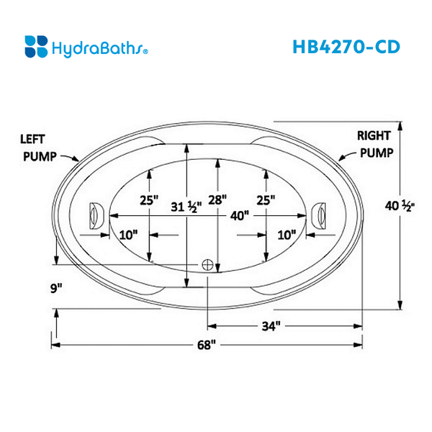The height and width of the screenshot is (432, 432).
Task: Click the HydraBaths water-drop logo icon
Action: [37, 46]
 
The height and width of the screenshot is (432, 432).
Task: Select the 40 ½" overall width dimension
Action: [402, 206]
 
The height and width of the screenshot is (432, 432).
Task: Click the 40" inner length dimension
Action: [239, 215]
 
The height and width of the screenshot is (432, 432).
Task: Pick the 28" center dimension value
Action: [217, 199]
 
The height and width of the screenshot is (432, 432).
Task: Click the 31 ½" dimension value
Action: [186, 207]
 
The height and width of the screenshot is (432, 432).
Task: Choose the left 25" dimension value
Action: [149, 199]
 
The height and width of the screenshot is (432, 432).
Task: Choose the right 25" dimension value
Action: [265, 199]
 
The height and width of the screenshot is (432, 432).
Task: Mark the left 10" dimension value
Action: [130, 234]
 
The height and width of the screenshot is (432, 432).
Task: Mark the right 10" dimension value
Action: [287, 234]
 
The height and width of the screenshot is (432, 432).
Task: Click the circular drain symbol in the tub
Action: [208, 264]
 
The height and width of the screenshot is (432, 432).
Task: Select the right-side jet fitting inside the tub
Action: [320, 215]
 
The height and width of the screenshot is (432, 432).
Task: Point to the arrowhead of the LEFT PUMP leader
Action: [80, 158]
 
